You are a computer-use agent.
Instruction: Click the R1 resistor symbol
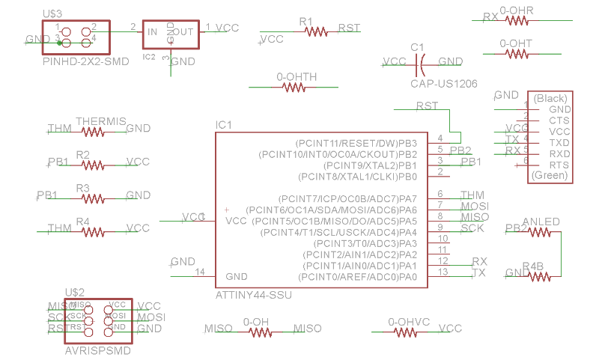pos(317,32)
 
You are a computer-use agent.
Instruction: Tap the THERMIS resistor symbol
pos(93,132)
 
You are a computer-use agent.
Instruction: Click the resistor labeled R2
pos(93,165)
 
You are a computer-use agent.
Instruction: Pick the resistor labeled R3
pos(93,198)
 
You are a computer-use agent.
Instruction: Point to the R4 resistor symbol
pos(93,231)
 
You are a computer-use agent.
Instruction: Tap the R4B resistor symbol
pos(539,277)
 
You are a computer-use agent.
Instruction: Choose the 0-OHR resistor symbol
pos(517,21)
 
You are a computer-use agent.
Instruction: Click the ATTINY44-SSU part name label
pos(254,296)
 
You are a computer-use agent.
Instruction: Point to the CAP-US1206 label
pos(444,84)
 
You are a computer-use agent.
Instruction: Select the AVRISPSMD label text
pos(98,350)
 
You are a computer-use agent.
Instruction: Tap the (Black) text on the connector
pos(550,98)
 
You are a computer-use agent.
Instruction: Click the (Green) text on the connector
pos(550,176)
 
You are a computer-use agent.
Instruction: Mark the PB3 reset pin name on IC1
pos(408,142)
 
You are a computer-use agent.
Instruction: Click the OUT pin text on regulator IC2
pos(183,31)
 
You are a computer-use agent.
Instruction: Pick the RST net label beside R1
pos(349,28)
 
